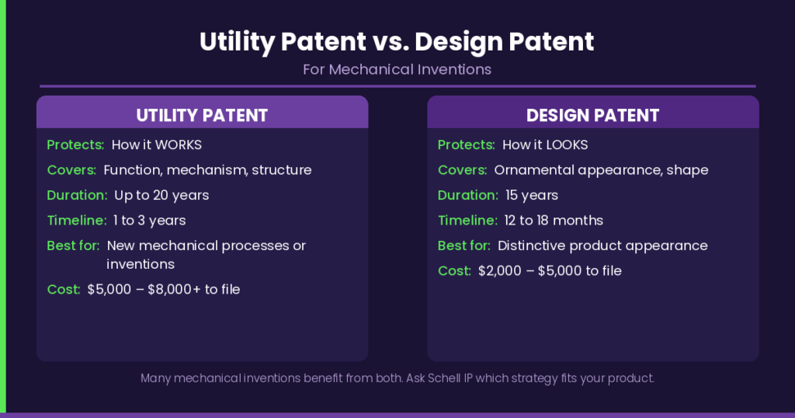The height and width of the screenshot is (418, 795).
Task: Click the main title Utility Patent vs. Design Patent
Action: [x=397, y=41]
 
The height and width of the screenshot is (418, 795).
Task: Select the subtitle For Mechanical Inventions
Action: [x=397, y=69]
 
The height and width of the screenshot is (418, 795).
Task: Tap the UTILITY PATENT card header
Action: [x=202, y=116]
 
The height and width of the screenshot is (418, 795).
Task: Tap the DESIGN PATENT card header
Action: [x=592, y=116]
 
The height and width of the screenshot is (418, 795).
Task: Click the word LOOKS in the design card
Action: [x=566, y=145]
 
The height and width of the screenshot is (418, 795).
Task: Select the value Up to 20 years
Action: [x=161, y=195]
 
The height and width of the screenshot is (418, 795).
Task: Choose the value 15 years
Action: [x=531, y=195]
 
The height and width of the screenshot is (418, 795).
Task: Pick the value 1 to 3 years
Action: [x=149, y=220]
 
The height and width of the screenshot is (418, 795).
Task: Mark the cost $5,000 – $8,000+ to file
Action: [x=164, y=289]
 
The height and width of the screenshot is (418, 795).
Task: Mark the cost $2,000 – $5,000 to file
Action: [x=550, y=270]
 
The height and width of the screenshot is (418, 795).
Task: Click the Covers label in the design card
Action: [x=462, y=169]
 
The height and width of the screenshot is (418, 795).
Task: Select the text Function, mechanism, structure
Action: [x=207, y=169]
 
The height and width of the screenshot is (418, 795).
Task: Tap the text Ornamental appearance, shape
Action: [x=601, y=169]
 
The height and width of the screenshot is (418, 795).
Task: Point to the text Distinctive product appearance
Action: [x=602, y=246]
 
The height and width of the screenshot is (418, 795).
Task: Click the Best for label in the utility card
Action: [x=73, y=246]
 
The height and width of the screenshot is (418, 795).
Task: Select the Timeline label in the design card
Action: [x=467, y=220]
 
